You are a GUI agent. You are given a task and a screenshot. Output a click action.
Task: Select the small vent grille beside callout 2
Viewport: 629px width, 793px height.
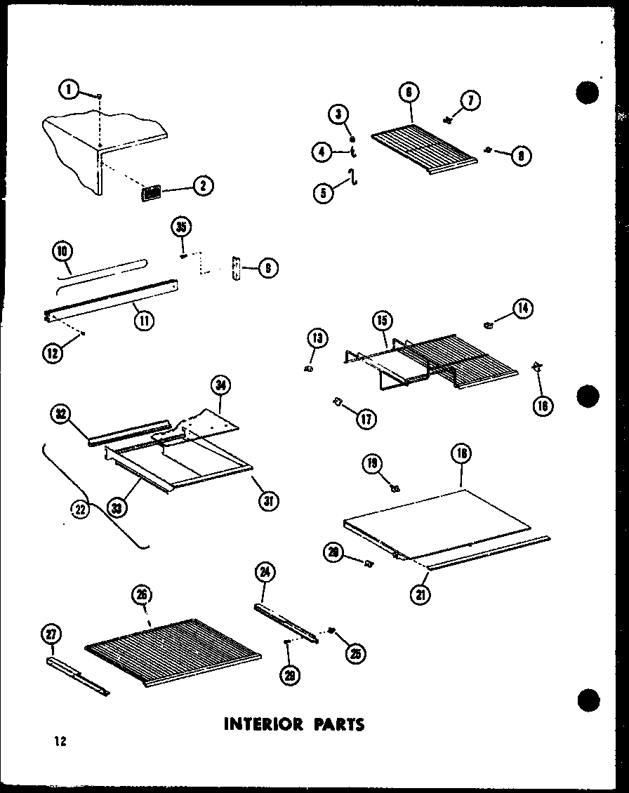tap(151, 192)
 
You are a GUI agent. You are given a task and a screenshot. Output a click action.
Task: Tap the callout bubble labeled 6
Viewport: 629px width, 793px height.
tap(408, 92)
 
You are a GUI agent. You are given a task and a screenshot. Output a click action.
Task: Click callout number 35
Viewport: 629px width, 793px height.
tap(182, 228)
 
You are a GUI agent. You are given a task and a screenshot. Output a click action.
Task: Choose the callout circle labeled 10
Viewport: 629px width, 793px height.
tap(62, 251)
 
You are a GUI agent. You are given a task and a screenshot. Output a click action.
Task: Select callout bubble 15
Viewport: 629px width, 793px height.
tap(381, 321)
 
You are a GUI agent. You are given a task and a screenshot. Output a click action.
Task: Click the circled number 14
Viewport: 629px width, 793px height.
tap(522, 307)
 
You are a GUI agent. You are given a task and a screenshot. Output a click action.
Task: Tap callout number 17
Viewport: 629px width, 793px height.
tap(366, 419)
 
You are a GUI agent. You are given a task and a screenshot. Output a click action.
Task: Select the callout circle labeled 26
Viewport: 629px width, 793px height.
tap(142, 596)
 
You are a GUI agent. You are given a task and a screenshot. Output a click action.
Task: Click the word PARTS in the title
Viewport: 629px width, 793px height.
tap(334, 724)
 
